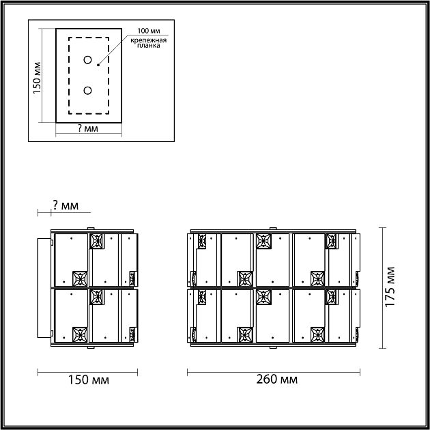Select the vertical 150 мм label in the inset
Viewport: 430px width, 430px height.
pyautogui.click(x=38, y=76)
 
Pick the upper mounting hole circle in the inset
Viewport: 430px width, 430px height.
pyautogui.click(x=88, y=60)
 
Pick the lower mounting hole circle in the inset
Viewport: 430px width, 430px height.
pyautogui.click(x=88, y=90)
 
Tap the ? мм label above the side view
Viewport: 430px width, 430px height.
pyautogui.click(x=65, y=205)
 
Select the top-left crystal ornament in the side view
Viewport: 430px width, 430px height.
pyautogui.click(x=97, y=242)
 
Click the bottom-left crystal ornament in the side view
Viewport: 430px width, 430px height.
pyautogui.click(x=80, y=334)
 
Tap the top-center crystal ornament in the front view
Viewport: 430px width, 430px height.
pyautogui.click(x=263, y=242)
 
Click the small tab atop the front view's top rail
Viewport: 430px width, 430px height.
pyautogui.click(x=273, y=228)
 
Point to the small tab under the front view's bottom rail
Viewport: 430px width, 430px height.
pyautogui.click(x=273, y=347)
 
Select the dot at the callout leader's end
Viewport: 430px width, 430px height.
pyautogui.click(x=98, y=66)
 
